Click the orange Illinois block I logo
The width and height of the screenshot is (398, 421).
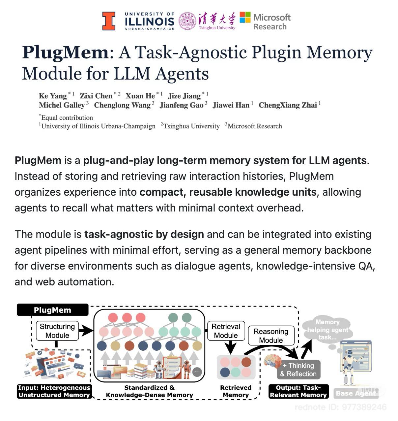coord(109,21)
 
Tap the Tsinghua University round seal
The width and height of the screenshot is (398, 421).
coord(187,21)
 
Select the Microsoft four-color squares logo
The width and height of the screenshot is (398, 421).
coord(245,17)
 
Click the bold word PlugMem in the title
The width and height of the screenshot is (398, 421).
coord(65,53)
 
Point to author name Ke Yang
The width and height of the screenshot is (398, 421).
coord(53,96)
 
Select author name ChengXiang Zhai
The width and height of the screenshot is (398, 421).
coord(287,105)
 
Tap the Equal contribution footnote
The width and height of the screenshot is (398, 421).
coord(66,117)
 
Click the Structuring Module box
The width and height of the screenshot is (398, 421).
coord(57,331)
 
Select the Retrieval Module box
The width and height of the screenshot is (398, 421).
coord(226,331)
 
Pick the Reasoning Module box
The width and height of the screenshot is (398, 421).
coord(271,336)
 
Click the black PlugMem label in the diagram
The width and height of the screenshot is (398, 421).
coord(52,310)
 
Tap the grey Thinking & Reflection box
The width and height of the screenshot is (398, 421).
coord(298,370)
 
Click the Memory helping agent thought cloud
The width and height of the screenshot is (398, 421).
coord(327,330)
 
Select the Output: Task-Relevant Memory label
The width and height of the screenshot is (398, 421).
coord(298,391)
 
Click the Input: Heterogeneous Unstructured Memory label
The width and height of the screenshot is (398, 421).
coord(54,391)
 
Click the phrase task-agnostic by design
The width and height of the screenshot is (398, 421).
coord(144,234)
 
